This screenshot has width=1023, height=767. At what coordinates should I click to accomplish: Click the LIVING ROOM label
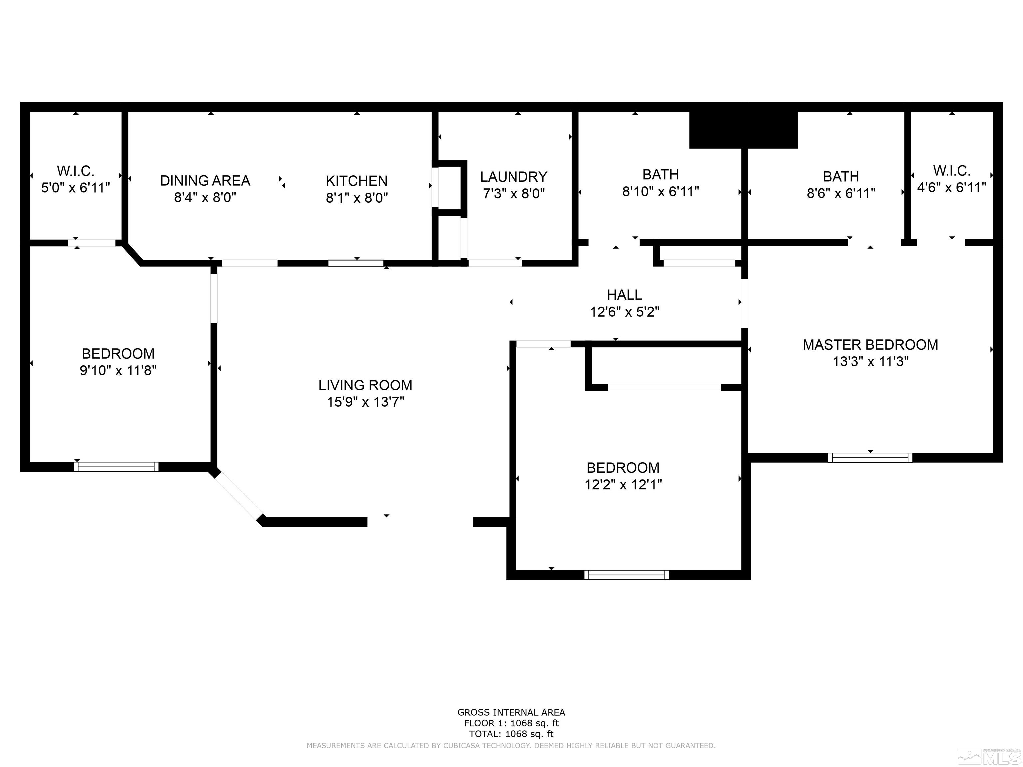(x=365, y=385)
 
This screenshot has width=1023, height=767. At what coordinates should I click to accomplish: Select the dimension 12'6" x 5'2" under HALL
(x=624, y=312)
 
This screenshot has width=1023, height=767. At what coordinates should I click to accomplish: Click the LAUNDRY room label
(x=513, y=177)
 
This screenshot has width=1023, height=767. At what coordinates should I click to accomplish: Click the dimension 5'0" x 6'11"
(x=75, y=188)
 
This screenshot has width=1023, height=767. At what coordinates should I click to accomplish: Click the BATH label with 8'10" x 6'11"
(x=660, y=175)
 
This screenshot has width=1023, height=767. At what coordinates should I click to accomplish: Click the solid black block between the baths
(x=743, y=130)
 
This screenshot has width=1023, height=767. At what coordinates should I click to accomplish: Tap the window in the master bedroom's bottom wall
(x=870, y=458)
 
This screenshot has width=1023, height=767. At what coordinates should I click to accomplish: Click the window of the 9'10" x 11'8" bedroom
(x=116, y=466)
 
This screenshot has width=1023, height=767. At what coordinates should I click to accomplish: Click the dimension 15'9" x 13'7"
(x=365, y=402)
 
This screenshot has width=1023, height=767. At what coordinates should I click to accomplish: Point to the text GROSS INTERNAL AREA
(x=511, y=712)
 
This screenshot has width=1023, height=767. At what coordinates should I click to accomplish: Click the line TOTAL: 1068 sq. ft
(x=511, y=734)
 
